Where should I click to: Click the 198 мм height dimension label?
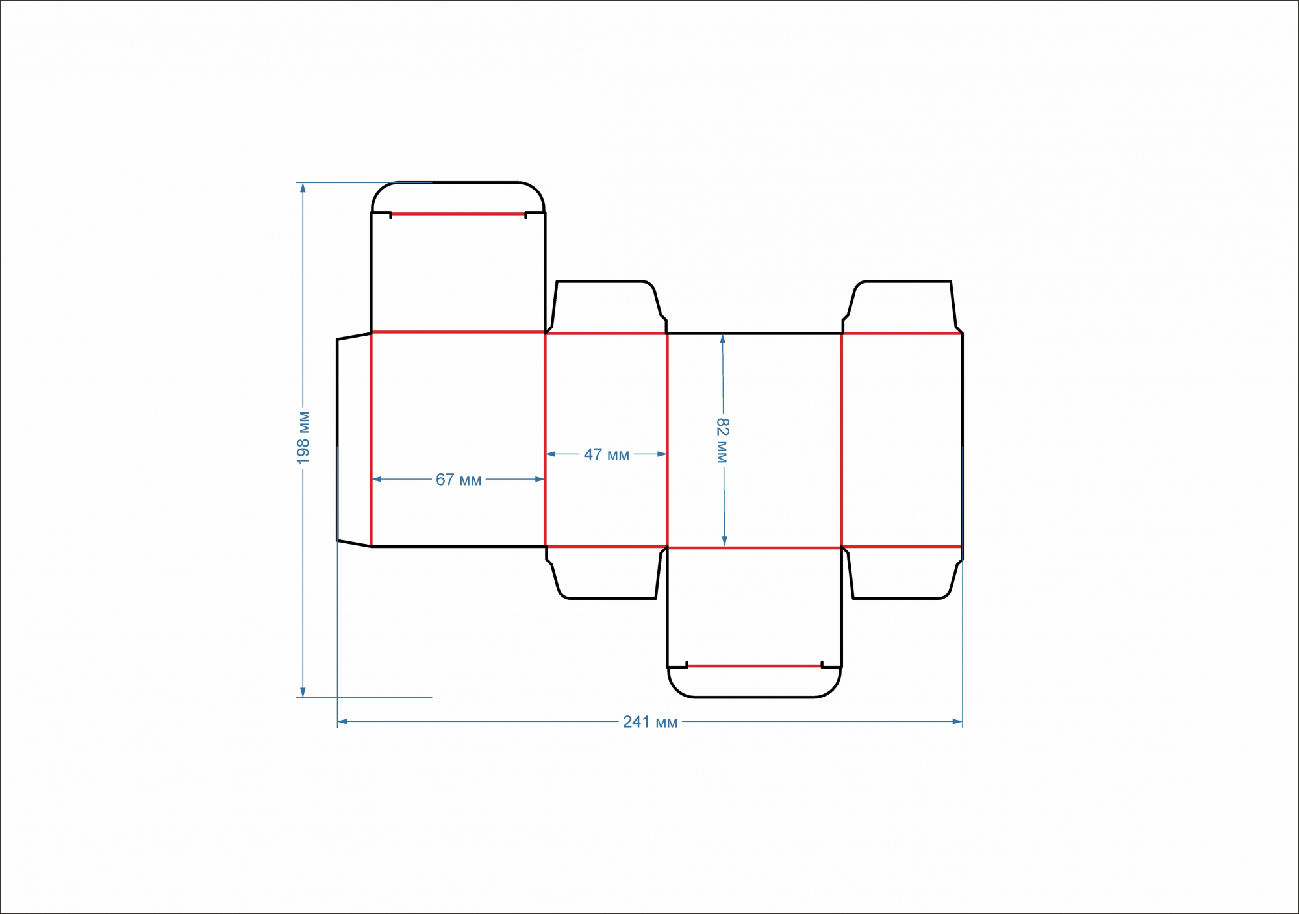click(x=303, y=438)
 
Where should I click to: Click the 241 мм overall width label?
click(x=650, y=722)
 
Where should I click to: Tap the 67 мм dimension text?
click(x=459, y=480)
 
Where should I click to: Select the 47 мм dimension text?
click(x=607, y=454)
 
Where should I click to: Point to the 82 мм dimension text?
click(x=723, y=440)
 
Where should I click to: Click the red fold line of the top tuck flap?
click(x=458, y=214)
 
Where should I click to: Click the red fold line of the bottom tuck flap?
click(x=754, y=666)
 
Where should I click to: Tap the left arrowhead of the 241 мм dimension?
click(x=342, y=721)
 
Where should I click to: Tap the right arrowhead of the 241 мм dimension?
click(x=957, y=721)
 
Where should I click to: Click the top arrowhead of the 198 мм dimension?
click(x=303, y=188)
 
